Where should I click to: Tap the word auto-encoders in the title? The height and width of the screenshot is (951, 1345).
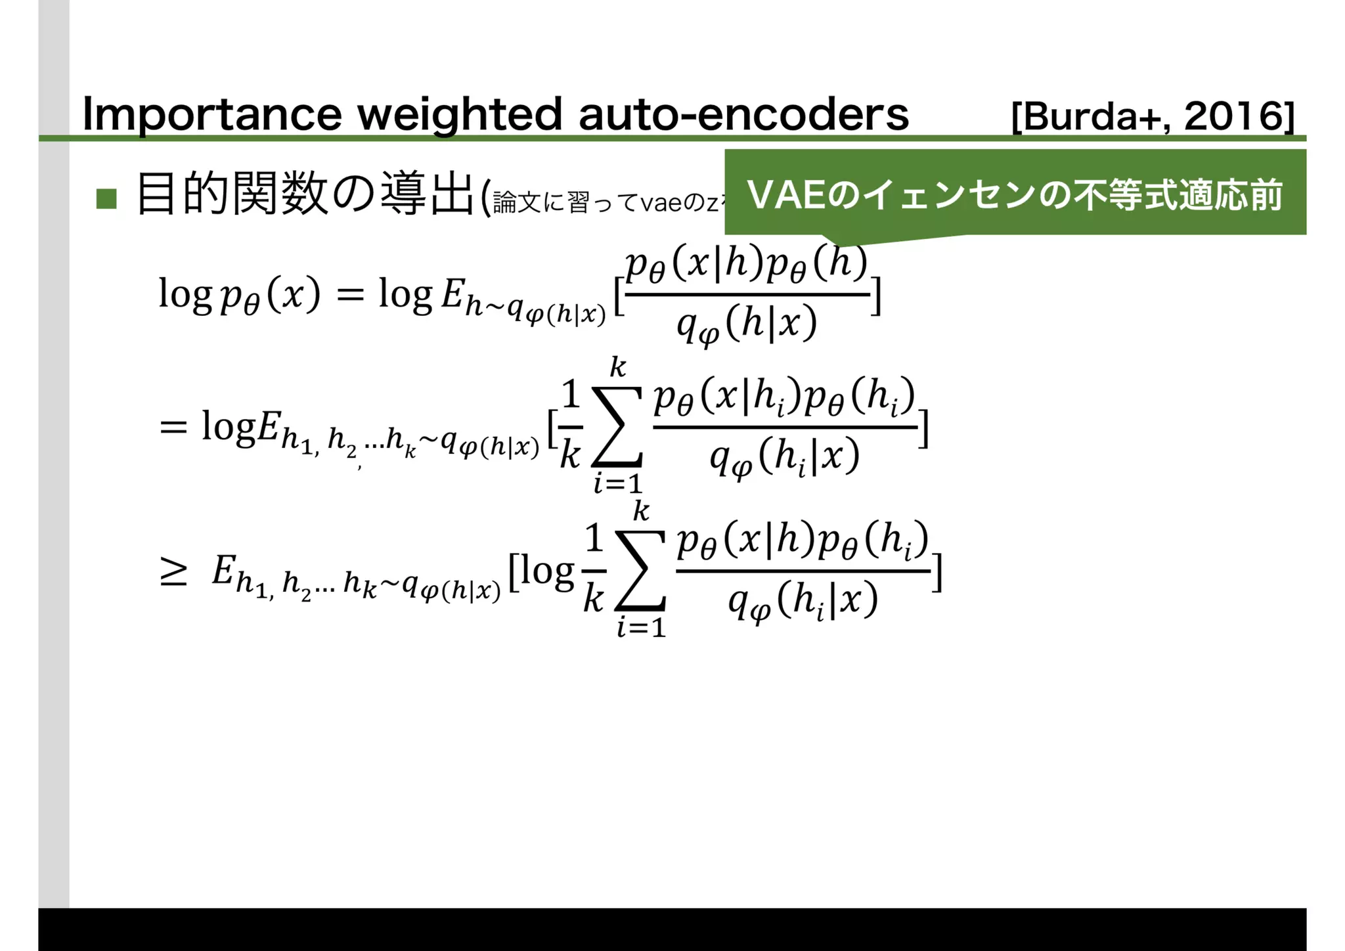pyautogui.click(x=743, y=115)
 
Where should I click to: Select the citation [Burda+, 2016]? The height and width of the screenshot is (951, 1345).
pyautogui.click(x=1153, y=117)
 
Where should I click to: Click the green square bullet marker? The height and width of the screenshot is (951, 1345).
pyautogui.click(x=106, y=198)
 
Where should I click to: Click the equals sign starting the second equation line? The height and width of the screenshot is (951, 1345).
pyautogui.click(x=173, y=428)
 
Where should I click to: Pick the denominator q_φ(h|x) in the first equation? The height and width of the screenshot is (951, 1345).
pyautogui.click(x=747, y=325)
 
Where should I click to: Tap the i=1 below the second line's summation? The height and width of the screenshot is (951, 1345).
pyautogui.click(x=617, y=485)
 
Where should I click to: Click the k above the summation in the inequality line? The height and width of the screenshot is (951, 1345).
pyautogui.click(x=641, y=510)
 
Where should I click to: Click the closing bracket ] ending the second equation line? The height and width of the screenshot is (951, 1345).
pyautogui.click(x=923, y=428)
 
